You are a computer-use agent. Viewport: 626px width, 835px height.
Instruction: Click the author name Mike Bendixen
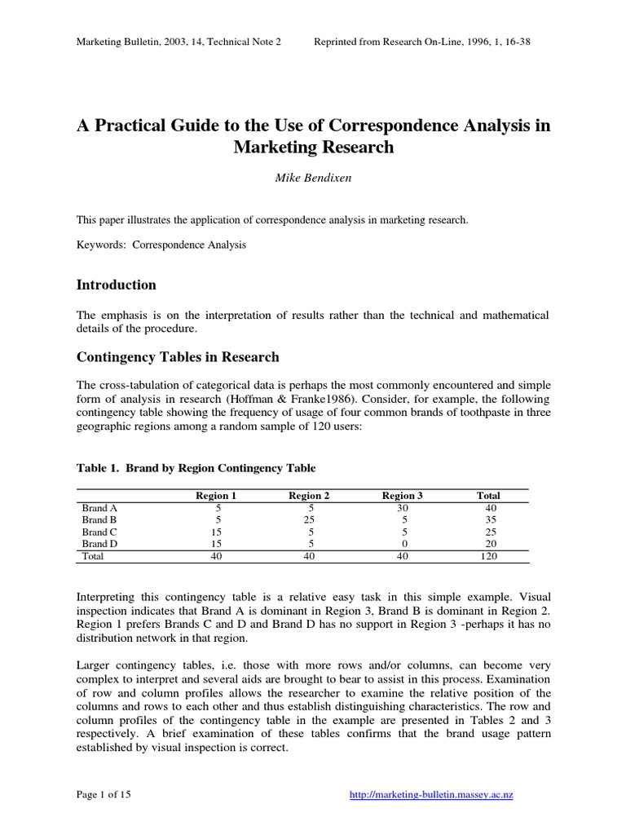(313, 179)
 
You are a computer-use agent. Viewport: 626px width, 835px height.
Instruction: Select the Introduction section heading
(116, 285)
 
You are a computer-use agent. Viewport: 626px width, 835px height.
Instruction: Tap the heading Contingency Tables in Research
(178, 357)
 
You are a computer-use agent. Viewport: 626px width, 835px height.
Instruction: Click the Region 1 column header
(216, 495)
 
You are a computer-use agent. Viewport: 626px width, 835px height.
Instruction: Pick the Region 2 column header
(309, 495)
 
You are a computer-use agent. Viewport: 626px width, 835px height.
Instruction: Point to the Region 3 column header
(403, 495)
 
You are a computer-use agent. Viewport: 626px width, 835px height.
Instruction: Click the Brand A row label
(99, 507)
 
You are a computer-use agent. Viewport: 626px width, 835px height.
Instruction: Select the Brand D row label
(99, 544)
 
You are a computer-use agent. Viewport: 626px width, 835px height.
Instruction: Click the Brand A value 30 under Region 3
(403, 507)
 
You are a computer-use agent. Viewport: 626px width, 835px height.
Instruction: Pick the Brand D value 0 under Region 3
(403, 544)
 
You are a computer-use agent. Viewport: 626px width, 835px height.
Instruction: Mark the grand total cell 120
(488, 556)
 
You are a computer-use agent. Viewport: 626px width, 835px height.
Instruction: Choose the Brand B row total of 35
(488, 519)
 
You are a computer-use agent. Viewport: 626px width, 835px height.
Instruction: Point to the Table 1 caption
(196, 468)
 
